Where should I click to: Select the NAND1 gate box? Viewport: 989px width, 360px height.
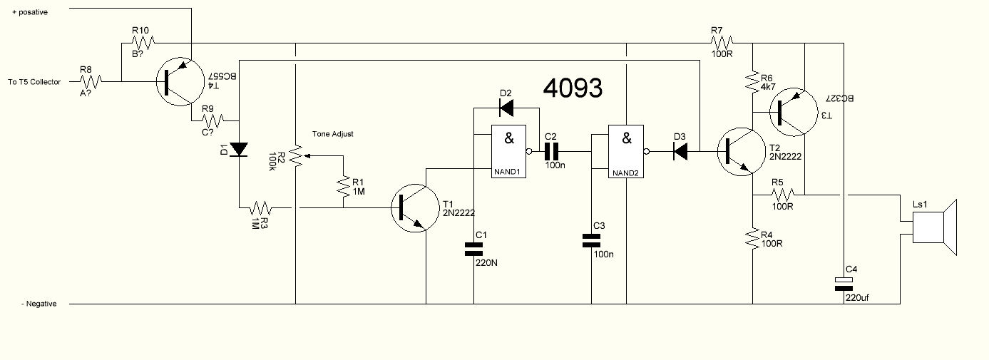[508, 151]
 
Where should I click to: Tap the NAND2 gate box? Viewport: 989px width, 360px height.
[625, 151]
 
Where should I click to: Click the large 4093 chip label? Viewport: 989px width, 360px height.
[573, 88]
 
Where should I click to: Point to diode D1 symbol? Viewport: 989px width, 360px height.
[239, 150]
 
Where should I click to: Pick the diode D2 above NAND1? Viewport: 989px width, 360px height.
[506, 108]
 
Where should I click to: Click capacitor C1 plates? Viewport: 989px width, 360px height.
[474, 249]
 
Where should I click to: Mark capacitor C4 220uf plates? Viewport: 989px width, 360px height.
[844, 284]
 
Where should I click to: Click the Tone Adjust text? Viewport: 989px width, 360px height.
[332, 134]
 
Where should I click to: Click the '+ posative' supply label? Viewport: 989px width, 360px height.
[30, 12]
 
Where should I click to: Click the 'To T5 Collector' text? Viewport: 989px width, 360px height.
[34, 82]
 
